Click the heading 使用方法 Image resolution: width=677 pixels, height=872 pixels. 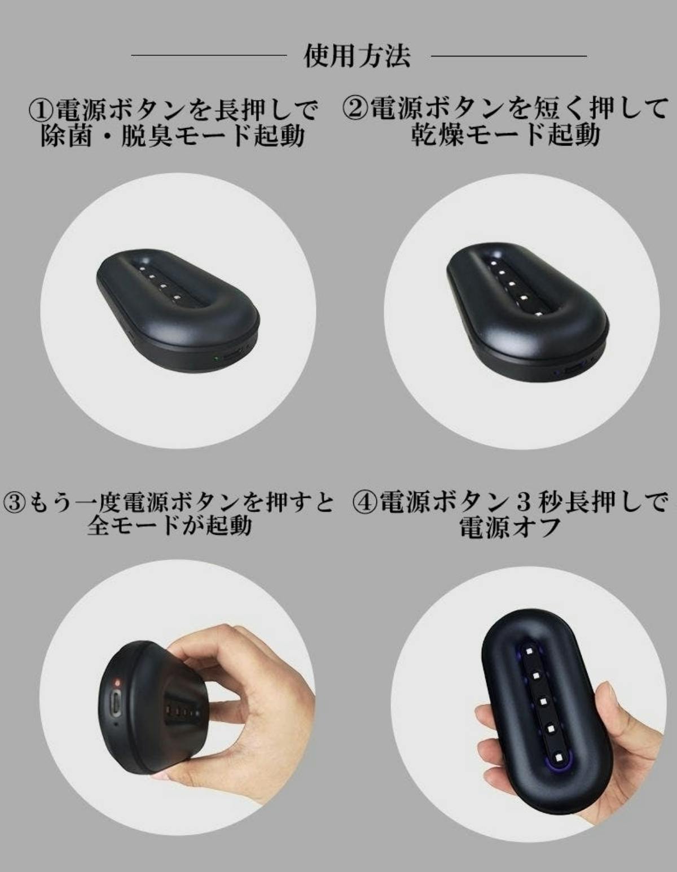(x=357, y=56)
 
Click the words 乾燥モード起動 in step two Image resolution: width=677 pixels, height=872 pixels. (x=505, y=135)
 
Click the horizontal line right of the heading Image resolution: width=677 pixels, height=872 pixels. (x=509, y=56)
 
